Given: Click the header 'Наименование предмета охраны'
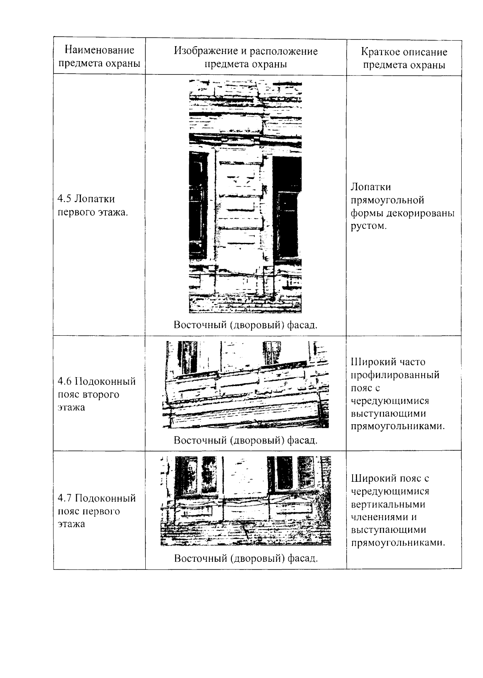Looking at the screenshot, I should (99, 57).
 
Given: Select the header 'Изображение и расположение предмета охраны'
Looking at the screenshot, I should (246, 58).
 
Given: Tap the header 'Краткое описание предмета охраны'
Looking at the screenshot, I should (404, 58).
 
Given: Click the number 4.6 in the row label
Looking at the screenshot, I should (64, 381).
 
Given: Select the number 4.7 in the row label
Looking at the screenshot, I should (64, 499).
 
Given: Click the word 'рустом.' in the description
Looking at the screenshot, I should (368, 226).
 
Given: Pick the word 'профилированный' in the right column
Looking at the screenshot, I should (395, 375).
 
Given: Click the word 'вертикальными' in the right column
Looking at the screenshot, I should (388, 504).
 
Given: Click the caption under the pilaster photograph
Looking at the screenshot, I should (246, 325).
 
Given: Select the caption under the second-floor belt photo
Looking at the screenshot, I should (246, 440).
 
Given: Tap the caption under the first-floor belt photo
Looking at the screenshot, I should (246, 559).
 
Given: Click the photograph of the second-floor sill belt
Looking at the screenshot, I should (246, 385).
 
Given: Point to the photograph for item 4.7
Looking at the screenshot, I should (246, 501).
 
